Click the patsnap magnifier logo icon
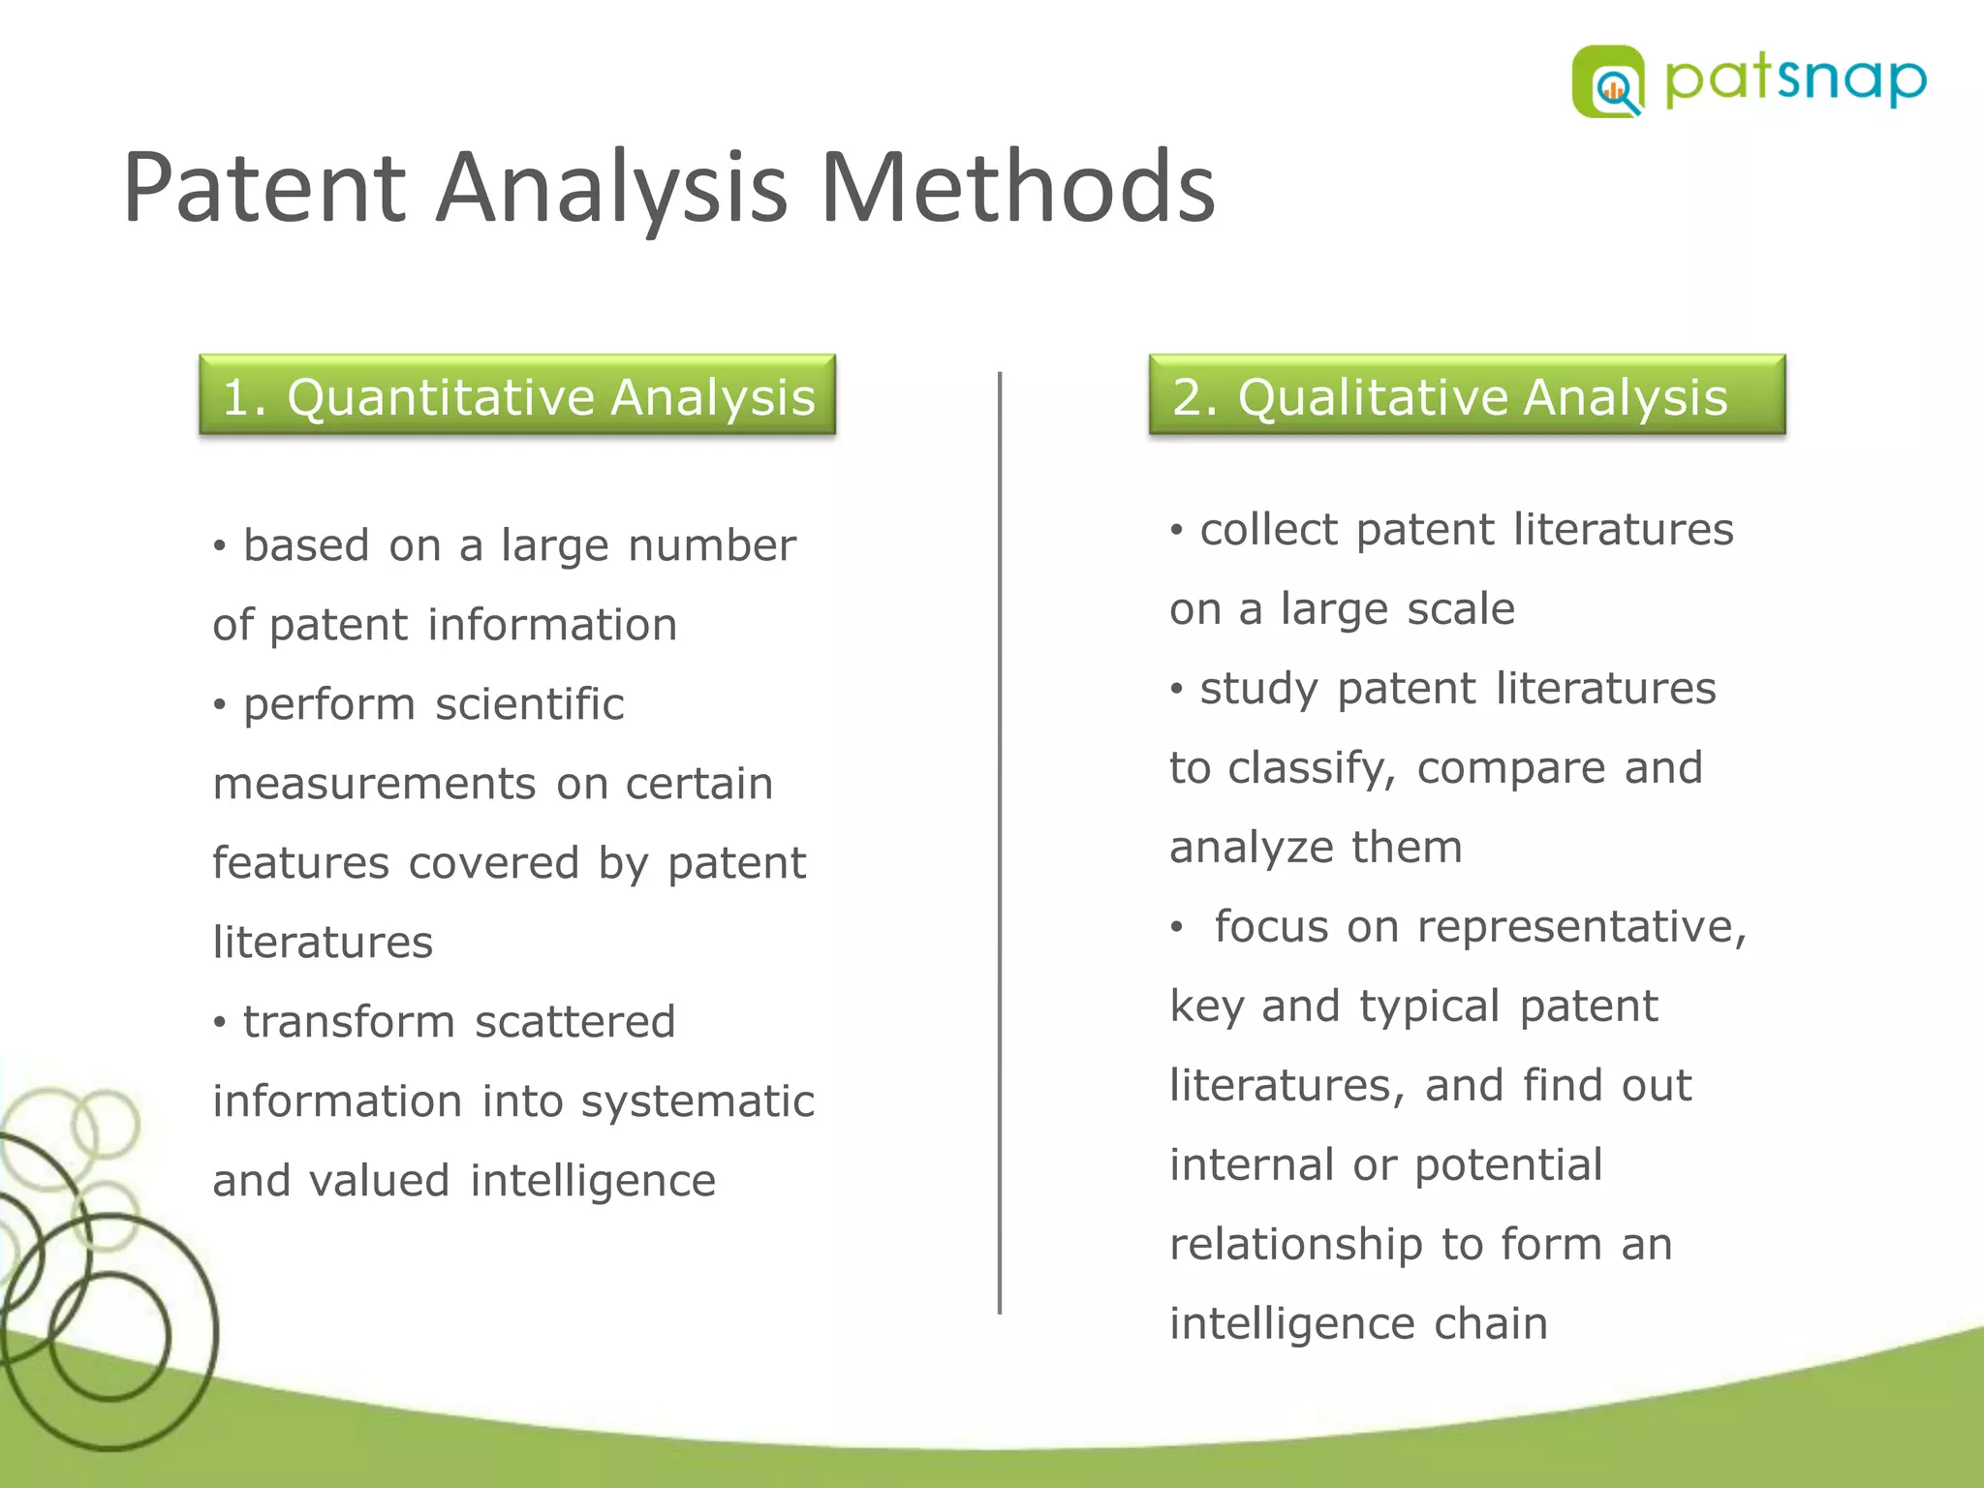click(x=1608, y=81)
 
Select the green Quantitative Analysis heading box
click(x=517, y=395)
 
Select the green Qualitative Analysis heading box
click(x=1467, y=395)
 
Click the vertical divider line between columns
click(x=1000, y=843)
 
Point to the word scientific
click(x=529, y=704)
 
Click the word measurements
click(x=374, y=784)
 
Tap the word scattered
click(x=574, y=1022)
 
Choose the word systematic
click(x=697, y=1101)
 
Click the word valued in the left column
click(x=380, y=1181)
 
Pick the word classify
click(x=1312, y=768)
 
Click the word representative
click(x=1581, y=927)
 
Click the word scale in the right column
click(x=1461, y=609)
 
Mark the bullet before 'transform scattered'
click(x=221, y=1023)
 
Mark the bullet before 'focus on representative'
click(x=1177, y=928)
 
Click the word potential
click(x=1508, y=1165)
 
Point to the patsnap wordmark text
click(x=1795, y=81)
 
